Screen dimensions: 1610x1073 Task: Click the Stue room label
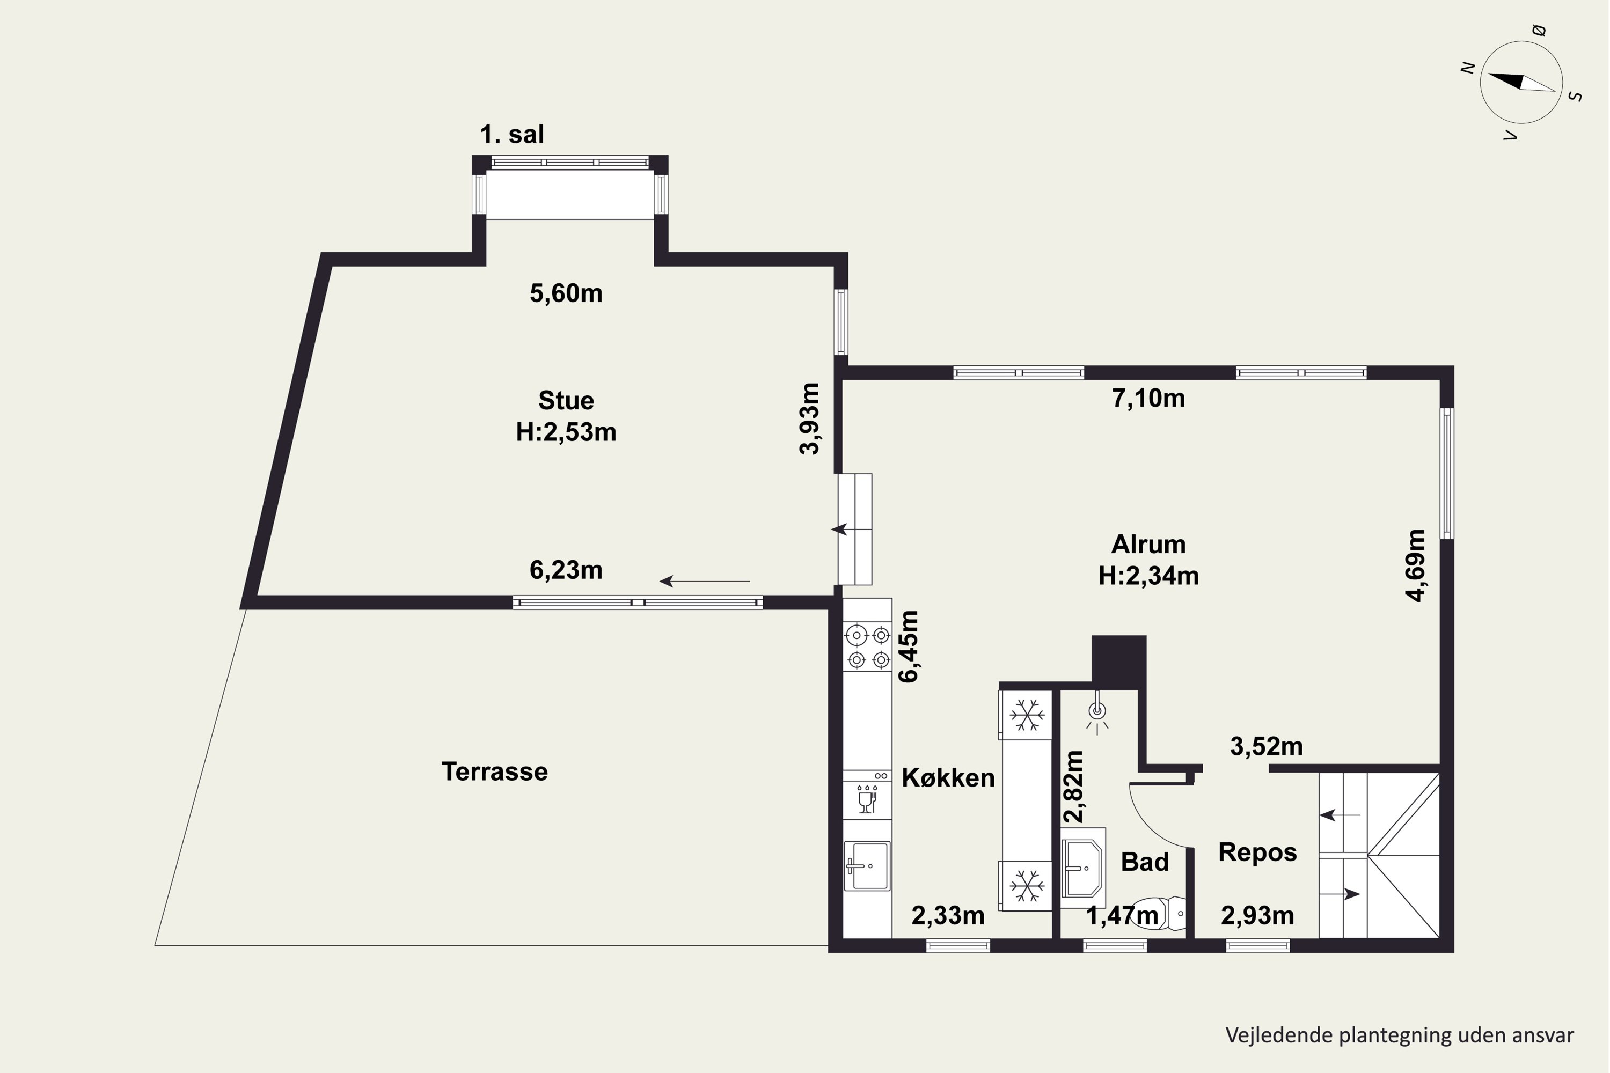click(566, 400)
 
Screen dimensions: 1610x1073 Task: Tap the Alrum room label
click(1148, 545)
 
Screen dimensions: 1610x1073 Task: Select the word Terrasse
click(494, 772)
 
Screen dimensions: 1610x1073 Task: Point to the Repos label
click(1257, 852)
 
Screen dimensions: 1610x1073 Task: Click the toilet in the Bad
click(1158, 914)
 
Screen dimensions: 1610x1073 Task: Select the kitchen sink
click(867, 866)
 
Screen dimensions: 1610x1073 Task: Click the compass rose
click(1521, 83)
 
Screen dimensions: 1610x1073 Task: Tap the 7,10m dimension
click(1148, 398)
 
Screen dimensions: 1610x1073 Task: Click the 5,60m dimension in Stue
click(566, 293)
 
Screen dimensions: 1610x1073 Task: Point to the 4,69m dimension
click(1416, 565)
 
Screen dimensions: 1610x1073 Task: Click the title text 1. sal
click(512, 134)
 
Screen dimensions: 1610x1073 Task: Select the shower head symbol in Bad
click(1097, 712)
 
